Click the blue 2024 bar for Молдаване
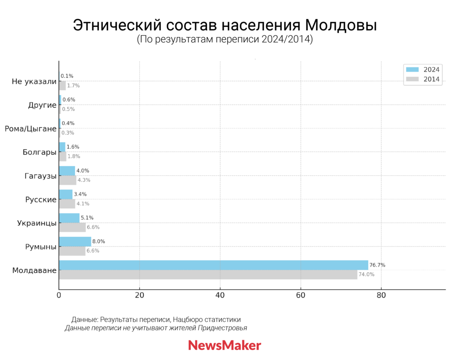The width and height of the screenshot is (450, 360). click(x=213, y=265)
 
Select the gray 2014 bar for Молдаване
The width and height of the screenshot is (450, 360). click(x=208, y=275)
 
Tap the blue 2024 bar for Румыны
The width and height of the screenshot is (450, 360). click(x=75, y=241)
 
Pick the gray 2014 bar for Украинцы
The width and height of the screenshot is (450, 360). click(x=72, y=227)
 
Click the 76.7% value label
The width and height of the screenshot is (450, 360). click(x=377, y=265)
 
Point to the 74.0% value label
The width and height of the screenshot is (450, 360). click(x=367, y=275)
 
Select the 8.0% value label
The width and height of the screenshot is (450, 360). click(x=98, y=241)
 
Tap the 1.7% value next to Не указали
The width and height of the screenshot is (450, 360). click(x=73, y=86)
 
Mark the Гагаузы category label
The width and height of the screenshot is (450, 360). click(x=40, y=176)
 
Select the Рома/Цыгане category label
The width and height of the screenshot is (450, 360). click(x=31, y=129)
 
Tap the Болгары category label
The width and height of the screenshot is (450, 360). click(x=40, y=153)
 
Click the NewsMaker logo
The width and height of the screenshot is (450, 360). click(x=225, y=345)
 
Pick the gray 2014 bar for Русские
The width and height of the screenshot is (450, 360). click(x=67, y=204)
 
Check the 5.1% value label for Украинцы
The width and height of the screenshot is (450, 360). click(x=87, y=218)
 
